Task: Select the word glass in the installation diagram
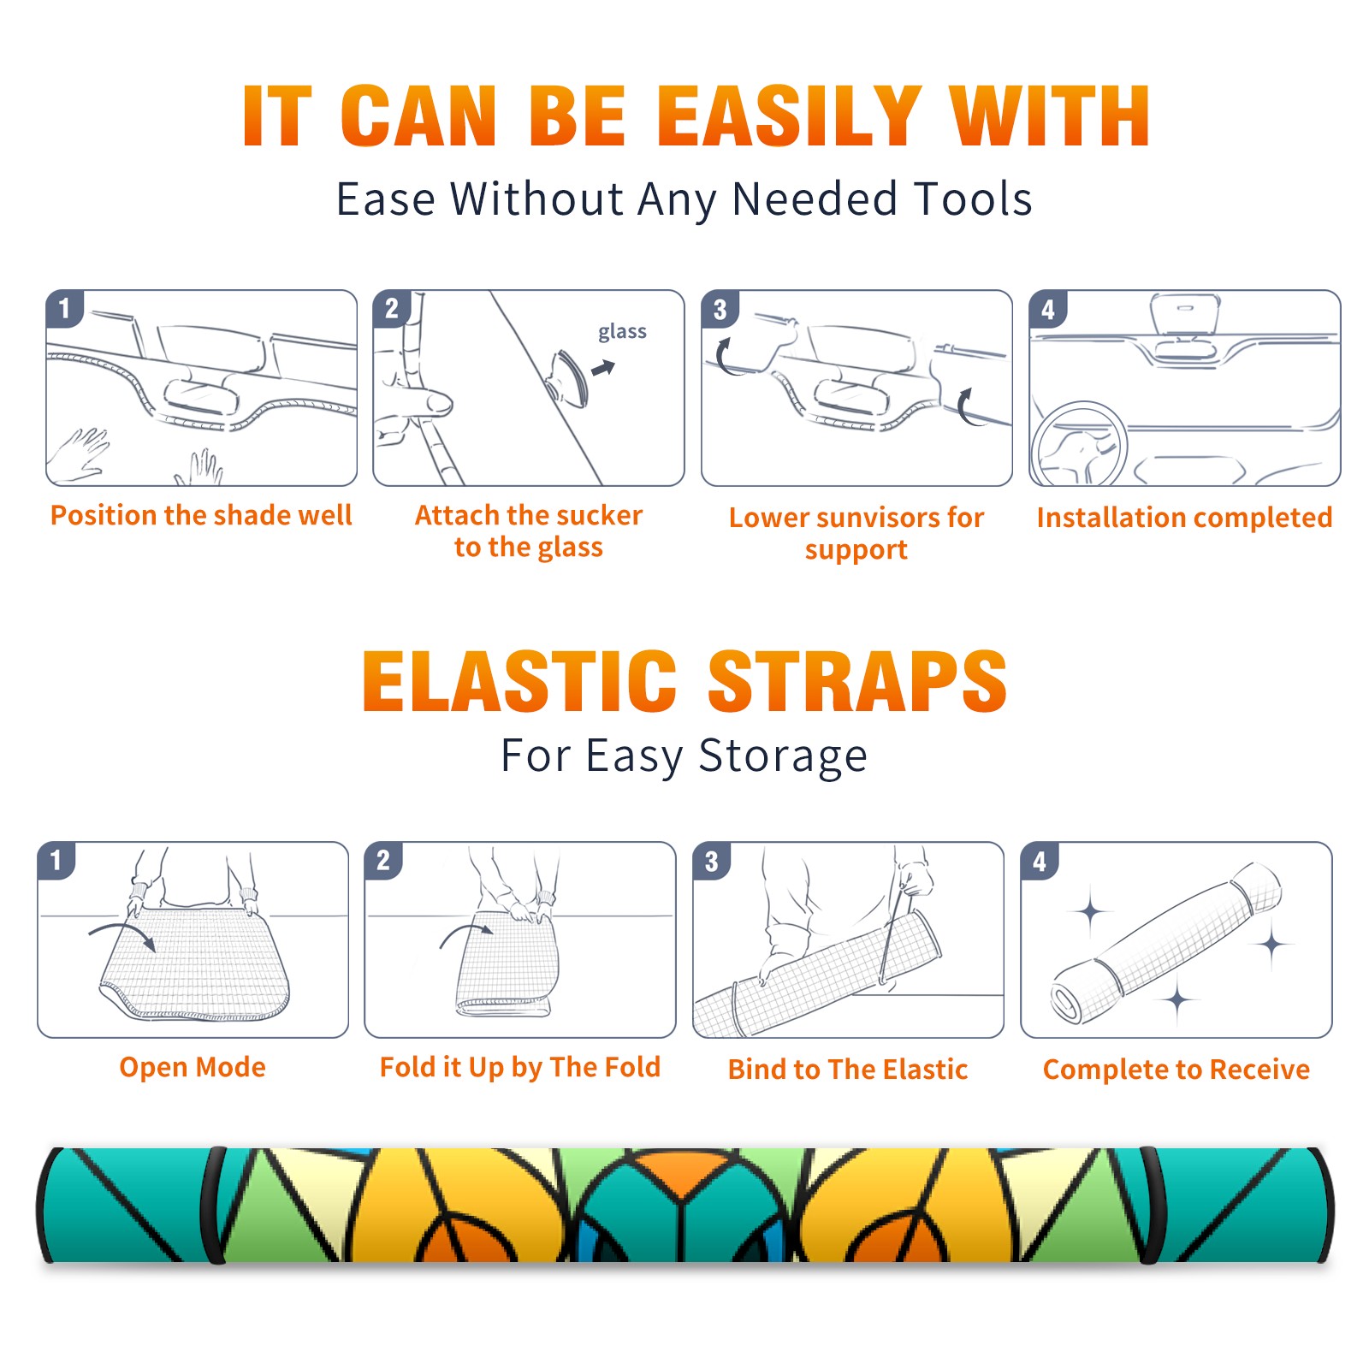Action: [x=622, y=331]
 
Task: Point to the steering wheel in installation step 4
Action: [x=1078, y=442]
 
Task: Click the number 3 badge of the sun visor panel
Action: [x=720, y=309]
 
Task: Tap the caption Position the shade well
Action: [x=201, y=515]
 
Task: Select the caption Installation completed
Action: [x=1184, y=517]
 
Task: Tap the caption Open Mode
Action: [x=193, y=1067]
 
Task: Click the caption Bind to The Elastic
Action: [x=847, y=1070]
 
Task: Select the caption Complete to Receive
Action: [x=1176, y=1070]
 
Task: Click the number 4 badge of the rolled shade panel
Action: [x=1040, y=861]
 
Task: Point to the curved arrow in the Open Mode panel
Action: [x=121, y=930]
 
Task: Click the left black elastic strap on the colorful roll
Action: [x=212, y=1205]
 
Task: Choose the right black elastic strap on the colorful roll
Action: [x=1150, y=1205]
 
